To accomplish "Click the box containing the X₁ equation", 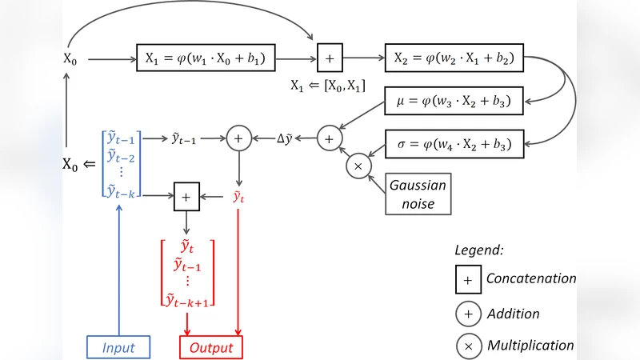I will pyautogui.click(x=206, y=58).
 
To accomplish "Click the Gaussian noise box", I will pyautogui.click(x=416, y=193).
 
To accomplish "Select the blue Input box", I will pyautogui.click(x=118, y=347).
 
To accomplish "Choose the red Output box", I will pyautogui.click(x=210, y=347).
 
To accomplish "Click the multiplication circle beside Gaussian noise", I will pyautogui.click(x=358, y=166).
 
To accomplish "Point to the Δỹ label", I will pyautogui.click(x=286, y=138).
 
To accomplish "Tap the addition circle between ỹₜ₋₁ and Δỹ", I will pyautogui.click(x=238, y=138).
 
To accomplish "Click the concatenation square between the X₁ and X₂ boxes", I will pyautogui.click(x=330, y=58).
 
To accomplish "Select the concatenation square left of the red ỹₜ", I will pyautogui.click(x=186, y=195).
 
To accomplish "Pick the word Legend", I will pyautogui.click(x=478, y=250).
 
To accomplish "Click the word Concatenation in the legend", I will pyautogui.click(x=530, y=279).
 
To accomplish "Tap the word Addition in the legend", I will pyautogui.click(x=513, y=314).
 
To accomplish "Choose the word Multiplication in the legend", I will pyautogui.click(x=530, y=346).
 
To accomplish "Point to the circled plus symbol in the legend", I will pyautogui.click(x=467, y=314).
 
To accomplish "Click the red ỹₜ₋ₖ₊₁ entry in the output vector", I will pyautogui.click(x=190, y=299).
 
